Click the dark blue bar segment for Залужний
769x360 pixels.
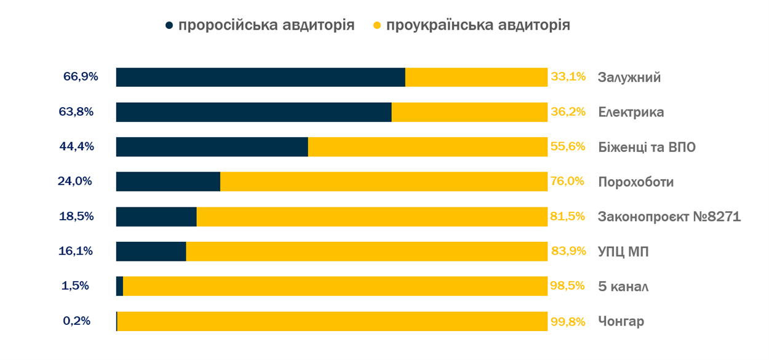pyautogui.click(x=260, y=78)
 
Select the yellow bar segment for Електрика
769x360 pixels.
pyautogui.click(x=469, y=112)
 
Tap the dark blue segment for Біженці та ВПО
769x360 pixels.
pyautogui.click(x=212, y=147)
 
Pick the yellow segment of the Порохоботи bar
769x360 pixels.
pyautogui.click(x=384, y=182)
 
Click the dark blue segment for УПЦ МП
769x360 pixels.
pyautogui.click(x=151, y=251)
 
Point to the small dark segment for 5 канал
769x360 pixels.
pyautogui.click(x=119, y=286)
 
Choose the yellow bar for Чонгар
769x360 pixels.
pyautogui.click(x=332, y=321)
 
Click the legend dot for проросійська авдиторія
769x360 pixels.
pyautogui.click(x=170, y=26)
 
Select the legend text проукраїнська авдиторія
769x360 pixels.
pyautogui.click(x=478, y=25)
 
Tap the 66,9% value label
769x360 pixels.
pyautogui.click(x=81, y=78)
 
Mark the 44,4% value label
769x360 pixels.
pyautogui.click(x=81, y=147)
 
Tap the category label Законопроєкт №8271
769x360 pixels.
pyautogui.click(x=669, y=217)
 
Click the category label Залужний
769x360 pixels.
pyautogui.click(x=629, y=78)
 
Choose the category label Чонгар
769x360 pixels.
pyautogui.click(x=621, y=321)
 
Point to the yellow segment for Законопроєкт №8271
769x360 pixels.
pyautogui.click(x=372, y=217)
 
